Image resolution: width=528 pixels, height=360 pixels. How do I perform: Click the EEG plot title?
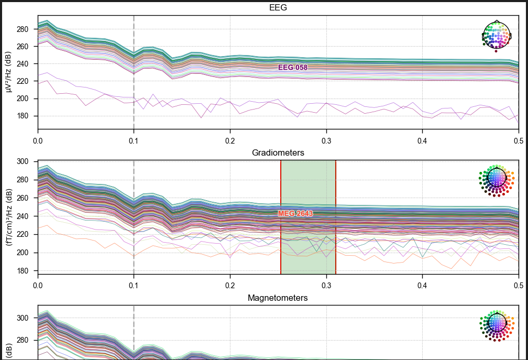pos(278,7)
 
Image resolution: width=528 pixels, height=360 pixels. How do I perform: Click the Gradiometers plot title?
pos(278,152)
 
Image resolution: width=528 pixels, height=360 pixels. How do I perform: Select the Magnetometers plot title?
pos(278,298)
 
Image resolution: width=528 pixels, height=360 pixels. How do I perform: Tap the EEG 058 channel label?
pos(293,68)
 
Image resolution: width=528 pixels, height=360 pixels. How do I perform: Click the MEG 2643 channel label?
pos(295,213)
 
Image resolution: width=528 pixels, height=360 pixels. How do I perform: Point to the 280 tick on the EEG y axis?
pos(22,29)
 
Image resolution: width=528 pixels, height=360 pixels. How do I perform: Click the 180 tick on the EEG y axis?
pos(22,116)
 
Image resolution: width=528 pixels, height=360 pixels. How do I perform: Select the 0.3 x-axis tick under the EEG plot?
pos(326,141)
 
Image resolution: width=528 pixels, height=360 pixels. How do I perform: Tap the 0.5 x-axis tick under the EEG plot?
pos(519,141)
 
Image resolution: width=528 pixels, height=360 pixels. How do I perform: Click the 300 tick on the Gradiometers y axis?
pos(22,161)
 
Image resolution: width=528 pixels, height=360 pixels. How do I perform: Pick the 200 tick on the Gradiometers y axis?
pos(22,253)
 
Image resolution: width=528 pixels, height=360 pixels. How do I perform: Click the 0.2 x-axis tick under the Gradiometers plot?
pos(230,286)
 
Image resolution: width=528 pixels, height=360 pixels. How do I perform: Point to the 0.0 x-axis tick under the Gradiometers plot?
pos(38,286)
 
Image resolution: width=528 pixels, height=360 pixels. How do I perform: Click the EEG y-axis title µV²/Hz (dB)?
pos(8,72)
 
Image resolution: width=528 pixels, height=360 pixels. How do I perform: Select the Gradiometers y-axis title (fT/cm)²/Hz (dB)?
pos(8,217)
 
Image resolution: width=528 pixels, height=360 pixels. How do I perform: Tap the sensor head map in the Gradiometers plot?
pos(497,180)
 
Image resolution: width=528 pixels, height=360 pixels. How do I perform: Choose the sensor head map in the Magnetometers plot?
pos(497,325)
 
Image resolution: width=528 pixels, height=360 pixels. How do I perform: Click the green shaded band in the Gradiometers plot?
pos(308,217)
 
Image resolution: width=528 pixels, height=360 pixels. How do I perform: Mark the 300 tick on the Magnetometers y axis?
pos(22,318)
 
